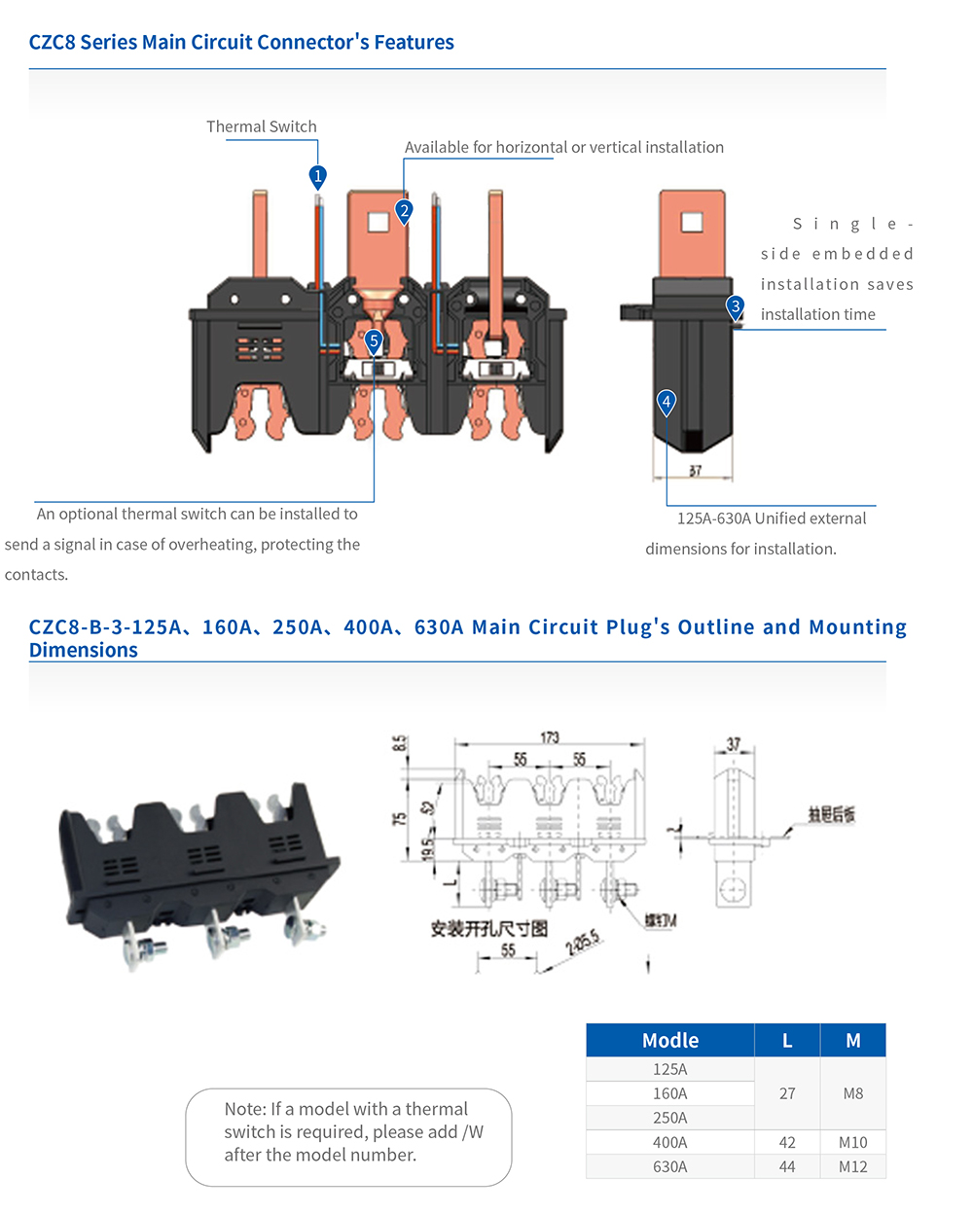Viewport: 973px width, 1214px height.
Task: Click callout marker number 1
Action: [x=317, y=176]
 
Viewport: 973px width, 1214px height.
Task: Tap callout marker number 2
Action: [x=404, y=210]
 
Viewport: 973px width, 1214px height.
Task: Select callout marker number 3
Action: [x=736, y=306]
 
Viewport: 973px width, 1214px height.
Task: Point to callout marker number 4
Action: [x=666, y=402]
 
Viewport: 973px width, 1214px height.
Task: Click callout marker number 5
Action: [x=374, y=341]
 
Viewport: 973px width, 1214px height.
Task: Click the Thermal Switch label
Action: [x=261, y=126]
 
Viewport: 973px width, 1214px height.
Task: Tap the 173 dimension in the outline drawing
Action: [x=550, y=737]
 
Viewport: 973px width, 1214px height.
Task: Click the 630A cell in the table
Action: [x=669, y=1166]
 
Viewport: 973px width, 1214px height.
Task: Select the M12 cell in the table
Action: [x=852, y=1166]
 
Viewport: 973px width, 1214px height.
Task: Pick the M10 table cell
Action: [x=852, y=1142]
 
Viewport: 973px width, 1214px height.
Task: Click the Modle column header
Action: [x=669, y=1040]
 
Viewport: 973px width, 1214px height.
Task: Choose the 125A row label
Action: [x=669, y=1069]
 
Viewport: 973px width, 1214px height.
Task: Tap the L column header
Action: [x=787, y=1040]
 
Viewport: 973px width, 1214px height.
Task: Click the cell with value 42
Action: [x=787, y=1142]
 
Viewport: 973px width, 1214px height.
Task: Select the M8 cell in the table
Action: [x=852, y=1093]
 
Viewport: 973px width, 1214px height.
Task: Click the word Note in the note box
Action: [x=243, y=1109]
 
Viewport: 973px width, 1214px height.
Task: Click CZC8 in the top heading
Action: [x=52, y=42]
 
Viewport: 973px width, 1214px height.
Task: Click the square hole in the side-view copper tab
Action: [x=691, y=223]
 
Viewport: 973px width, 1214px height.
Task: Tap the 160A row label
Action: [x=669, y=1093]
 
